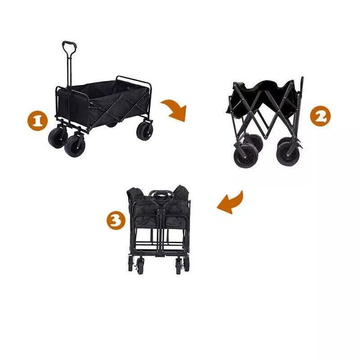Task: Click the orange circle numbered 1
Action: click(37, 121)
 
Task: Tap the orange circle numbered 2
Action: click(320, 116)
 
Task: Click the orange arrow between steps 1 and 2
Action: click(174, 109)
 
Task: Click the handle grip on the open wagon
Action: click(70, 49)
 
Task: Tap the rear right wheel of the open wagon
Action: click(145, 130)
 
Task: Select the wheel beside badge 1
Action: click(55, 138)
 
